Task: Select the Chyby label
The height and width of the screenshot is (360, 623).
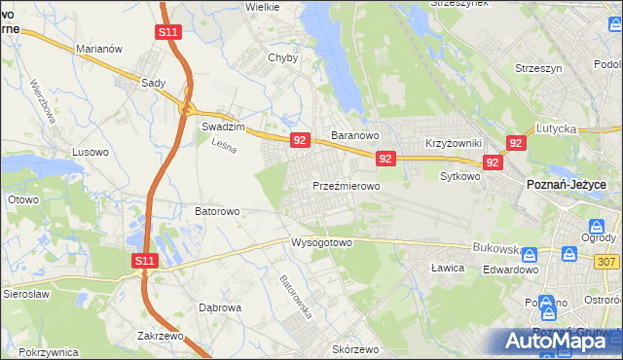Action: pyautogui.click(x=282, y=57)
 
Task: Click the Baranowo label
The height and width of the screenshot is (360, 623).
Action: pyautogui.click(x=353, y=135)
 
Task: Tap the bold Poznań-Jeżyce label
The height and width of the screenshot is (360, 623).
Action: pyautogui.click(x=567, y=184)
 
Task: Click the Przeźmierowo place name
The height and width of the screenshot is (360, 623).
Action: pyautogui.click(x=346, y=185)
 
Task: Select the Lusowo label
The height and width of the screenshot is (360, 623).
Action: pyautogui.click(x=91, y=153)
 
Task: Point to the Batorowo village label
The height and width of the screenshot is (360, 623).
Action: pyautogui.click(x=217, y=210)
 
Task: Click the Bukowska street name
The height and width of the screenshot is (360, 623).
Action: pyautogui.click(x=497, y=248)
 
